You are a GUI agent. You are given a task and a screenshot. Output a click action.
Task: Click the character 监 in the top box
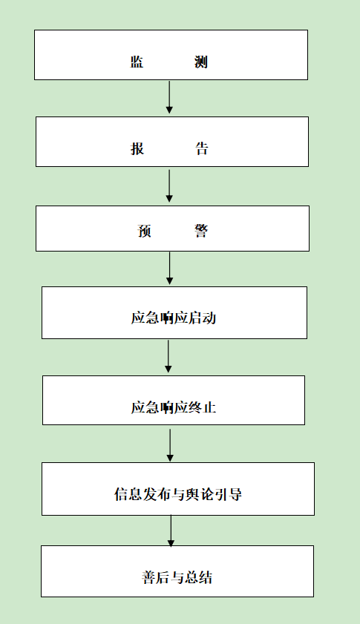coord(137,62)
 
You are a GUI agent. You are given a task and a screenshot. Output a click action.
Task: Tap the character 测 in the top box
coord(201,62)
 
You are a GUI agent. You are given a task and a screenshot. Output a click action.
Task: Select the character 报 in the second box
coord(137,148)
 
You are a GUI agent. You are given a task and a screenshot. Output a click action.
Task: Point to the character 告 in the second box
coord(201,148)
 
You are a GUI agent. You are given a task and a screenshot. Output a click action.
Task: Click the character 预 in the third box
coord(144,231)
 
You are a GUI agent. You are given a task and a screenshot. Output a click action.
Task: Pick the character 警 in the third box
coord(201,231)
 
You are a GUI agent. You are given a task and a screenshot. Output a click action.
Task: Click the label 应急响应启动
coord(174,318)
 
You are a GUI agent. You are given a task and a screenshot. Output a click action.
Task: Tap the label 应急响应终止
coord(174,407)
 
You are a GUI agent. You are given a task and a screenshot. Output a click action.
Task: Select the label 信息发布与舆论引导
coord(178,494)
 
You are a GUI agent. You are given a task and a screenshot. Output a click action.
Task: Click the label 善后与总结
coord(177,577)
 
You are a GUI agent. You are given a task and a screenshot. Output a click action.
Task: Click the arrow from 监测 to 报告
coord(169,96)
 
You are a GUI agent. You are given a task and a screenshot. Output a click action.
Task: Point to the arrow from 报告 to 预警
coord(169,185)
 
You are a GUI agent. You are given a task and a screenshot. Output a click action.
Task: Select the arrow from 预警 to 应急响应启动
coord(170,268)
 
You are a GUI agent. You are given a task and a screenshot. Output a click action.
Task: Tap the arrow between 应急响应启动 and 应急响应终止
coord(168,356)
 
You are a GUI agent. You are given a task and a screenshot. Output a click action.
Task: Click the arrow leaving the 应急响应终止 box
coord(170,445)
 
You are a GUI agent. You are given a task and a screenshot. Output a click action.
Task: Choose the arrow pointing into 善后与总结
coord(171,531)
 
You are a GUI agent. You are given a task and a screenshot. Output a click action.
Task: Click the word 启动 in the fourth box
coord(203,318)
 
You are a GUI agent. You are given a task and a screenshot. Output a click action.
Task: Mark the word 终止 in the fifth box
coord(203,407)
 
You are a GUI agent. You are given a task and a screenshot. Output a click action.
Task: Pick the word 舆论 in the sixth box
coord(200,494)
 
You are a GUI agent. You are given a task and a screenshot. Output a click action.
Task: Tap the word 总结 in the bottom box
coord(198,577)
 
